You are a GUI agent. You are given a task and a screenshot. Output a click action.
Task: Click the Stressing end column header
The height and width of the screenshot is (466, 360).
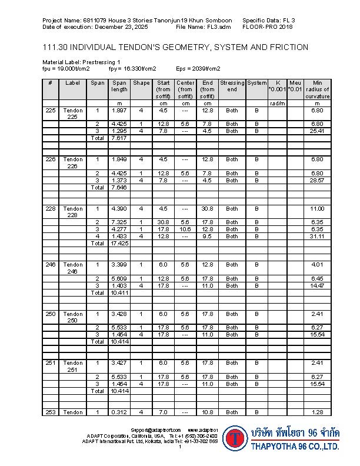pos(232,86)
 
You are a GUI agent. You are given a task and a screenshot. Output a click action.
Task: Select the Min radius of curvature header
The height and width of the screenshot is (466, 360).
pos(318,89)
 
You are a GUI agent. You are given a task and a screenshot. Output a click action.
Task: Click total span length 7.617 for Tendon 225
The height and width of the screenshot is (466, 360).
pos(119,138)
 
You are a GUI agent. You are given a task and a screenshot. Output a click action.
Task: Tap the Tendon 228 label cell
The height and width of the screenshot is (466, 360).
pos(74,212)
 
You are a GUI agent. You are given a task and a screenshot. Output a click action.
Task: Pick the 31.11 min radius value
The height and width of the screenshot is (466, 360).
pos(318,236)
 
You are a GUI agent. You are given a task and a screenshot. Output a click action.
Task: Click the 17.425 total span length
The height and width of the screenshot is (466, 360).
pos(119,243)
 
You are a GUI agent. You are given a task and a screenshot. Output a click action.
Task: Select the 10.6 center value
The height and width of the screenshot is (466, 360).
pos(185,229)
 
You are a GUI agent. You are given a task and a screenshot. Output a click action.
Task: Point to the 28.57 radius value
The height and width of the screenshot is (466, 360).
pos(318,180)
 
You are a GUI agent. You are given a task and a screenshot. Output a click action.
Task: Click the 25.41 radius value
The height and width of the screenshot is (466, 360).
pos(318,131)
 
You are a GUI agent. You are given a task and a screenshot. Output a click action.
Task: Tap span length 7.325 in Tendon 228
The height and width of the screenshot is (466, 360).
pos(119,222)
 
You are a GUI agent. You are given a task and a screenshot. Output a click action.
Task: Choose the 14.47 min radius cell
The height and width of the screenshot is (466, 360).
pos(318,285)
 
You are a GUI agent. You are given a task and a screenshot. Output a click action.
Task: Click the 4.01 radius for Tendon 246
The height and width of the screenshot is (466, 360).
pos(318,265)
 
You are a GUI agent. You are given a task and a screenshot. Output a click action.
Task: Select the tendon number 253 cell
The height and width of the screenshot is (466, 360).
pos(50,412)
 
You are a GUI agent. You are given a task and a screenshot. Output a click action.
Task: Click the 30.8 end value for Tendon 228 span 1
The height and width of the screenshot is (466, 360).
pos(206,209)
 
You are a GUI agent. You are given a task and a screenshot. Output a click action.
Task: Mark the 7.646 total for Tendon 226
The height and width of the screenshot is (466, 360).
pos(119,188)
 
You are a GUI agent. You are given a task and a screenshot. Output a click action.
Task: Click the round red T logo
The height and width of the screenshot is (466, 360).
pos(235,438)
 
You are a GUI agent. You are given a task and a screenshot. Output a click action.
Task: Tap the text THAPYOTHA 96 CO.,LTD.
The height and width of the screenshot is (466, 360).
pos(295,447)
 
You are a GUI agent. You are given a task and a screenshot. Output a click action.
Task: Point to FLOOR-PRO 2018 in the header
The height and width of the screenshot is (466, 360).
pos(267,27)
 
